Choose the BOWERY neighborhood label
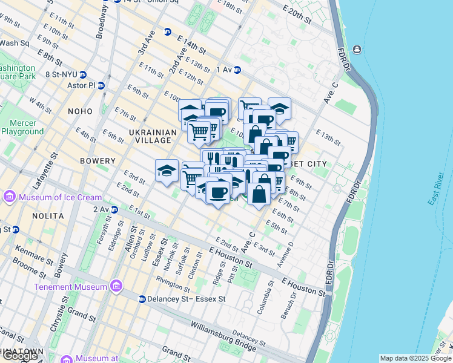pos(98,161)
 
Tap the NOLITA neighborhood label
pos(48,216)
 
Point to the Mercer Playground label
pos(22,126)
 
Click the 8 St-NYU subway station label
pos(62,75)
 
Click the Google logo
pos(20,356)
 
